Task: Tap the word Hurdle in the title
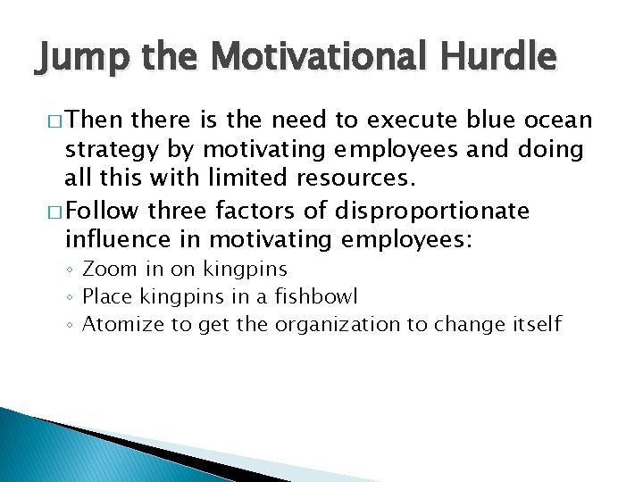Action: coord(503,58)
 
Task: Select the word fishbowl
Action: coord(328,295)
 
